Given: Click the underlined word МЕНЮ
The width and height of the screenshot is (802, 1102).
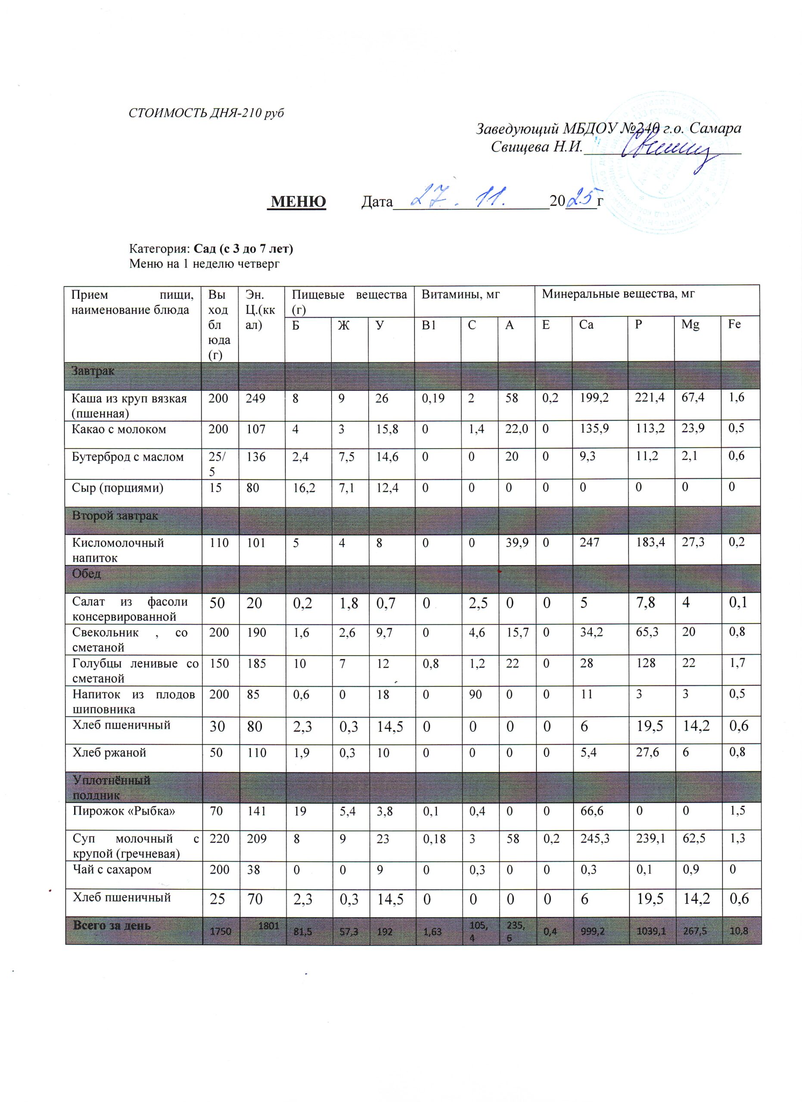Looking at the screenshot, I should pos(298,201).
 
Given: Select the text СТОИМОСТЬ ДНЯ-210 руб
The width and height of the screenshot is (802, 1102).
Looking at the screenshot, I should pos(205,113).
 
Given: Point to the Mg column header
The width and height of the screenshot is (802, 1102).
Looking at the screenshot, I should pos(690,325).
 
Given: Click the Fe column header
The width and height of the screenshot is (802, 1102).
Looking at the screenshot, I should pos(734,324).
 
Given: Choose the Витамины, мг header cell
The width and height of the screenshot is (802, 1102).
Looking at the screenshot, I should pos(460,294).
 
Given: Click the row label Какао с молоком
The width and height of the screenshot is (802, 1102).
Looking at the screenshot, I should pos(119,429).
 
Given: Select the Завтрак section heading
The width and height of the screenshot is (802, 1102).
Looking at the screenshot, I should pos(93,371).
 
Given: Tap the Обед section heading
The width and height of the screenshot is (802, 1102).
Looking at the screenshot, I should pos(87,573).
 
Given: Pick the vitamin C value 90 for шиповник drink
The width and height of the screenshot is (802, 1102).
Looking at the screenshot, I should pos(476,694).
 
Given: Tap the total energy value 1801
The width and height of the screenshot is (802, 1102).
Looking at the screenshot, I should pos(268,926).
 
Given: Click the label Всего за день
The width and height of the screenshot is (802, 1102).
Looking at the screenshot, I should pos(112,925).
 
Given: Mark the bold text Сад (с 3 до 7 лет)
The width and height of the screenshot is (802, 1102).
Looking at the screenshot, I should pos(243,249).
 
